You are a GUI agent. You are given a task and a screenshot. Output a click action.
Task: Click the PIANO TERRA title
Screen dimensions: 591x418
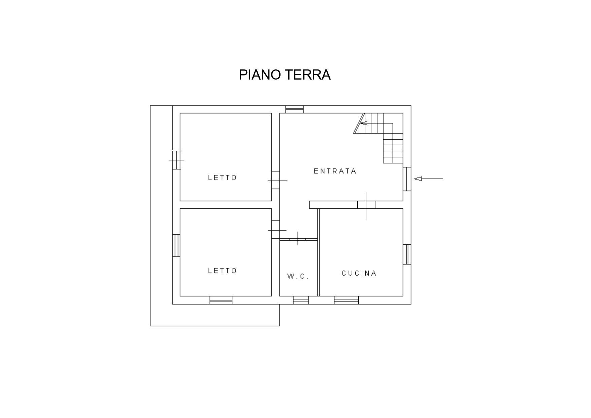click(x=285, y=75)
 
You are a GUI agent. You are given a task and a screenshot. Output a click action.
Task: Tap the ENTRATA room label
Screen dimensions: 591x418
click(x=335, y=171)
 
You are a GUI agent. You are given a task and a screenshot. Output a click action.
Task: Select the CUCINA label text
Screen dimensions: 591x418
click(x=359, y=273)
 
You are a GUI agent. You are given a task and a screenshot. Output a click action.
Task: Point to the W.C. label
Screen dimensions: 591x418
click(x=298, y=276)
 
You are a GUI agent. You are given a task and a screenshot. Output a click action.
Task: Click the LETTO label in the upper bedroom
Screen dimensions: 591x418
click(x=223, y=178)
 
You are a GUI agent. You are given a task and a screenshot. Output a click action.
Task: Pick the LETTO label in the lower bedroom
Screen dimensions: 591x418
click(x=223, y=271)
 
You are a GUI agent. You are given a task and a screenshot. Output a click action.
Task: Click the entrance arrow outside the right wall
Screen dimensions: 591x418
click(x=428, y=179)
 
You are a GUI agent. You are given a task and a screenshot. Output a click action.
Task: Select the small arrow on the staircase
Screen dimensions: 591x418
click(x=364, y=123)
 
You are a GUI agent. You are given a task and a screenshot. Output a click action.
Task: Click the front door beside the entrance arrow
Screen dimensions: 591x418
click(x=407, y=179)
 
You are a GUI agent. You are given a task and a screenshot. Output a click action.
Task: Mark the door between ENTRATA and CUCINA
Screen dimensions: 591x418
click(x=366, y=205)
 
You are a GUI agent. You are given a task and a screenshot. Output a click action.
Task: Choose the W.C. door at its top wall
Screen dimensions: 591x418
click(x=298, y=239)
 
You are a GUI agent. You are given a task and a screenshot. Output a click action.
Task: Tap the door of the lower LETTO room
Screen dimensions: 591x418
click(x=276, y=230)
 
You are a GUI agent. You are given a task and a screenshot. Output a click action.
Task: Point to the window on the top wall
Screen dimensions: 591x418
click(x=295, y=109)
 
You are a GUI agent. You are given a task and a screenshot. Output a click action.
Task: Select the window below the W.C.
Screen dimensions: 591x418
click(x=301, y=300)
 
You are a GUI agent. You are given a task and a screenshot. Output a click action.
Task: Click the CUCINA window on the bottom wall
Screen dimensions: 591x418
click(x=346, y=300)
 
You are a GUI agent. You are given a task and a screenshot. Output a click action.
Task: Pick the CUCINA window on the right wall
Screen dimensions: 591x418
click(x=407, y=254)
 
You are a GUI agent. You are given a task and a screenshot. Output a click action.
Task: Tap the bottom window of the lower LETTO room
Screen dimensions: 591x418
click(x=221, y=300)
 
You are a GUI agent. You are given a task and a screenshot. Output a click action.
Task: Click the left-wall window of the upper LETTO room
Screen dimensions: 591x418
click(x=176, y=160)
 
